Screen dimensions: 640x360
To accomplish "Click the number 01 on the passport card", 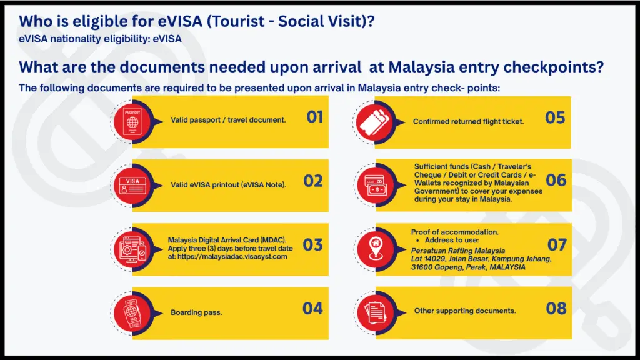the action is [x=315, y=117].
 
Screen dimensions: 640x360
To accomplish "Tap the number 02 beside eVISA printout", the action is [x=313, y=181].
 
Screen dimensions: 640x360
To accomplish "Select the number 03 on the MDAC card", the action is [x=313, y=245].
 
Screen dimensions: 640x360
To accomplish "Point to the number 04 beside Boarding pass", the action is [x=312, y=309].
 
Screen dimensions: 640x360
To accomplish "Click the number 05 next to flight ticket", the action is [x=555, y=117].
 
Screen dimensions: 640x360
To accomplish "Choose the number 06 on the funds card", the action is [x=556, y=180].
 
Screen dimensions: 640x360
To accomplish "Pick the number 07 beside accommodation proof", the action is [x=557, y=245].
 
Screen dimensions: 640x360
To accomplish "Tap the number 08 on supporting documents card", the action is [x=556, y=309].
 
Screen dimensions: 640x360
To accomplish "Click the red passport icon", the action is [x=132, y=122].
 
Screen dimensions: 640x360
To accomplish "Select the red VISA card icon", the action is [x=132, y=186].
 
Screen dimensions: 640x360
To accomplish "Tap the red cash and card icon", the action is [x=376, y=185].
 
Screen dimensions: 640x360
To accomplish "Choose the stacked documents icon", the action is [x=376, y=313].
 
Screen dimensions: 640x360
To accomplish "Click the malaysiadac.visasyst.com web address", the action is [x=232, y=257].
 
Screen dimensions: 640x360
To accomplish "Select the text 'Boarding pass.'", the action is [x=196, y=312].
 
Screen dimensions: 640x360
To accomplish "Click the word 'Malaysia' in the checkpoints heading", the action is [x=421, y=67].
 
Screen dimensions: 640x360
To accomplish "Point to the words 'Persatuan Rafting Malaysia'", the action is [x=458, y=251].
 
